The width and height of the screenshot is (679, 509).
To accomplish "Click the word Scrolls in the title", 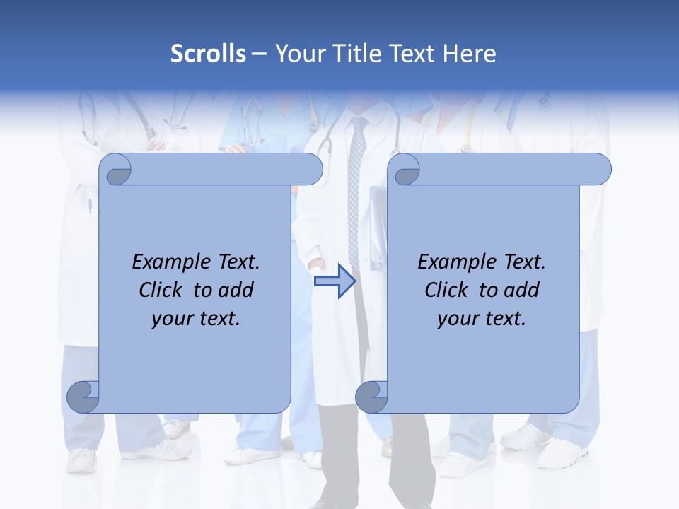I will coord(209,54).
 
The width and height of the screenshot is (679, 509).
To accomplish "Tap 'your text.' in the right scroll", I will coord(482,319).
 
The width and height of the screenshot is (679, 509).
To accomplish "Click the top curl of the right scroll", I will coord(405,170).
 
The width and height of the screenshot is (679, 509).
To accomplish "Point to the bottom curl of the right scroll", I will coord(371,397).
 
